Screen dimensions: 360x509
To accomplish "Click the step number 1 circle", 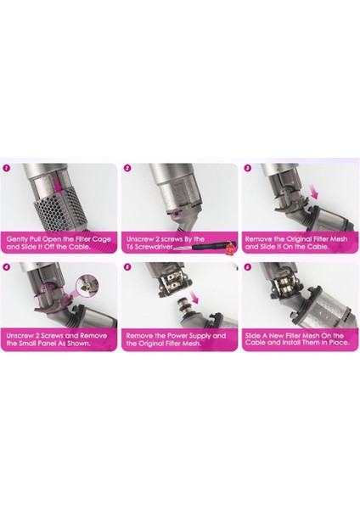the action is (7, 168).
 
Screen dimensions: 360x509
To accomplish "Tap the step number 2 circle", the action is (127, 168).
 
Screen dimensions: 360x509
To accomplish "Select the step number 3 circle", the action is (248, 168).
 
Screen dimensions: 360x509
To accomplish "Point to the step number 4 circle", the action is (7, 267).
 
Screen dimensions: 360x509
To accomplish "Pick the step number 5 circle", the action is (127, 267).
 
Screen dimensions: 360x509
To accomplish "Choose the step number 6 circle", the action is (248, 267).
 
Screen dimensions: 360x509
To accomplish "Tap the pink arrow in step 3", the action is (314, 192).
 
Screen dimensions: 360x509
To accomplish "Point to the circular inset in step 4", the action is (87, 286).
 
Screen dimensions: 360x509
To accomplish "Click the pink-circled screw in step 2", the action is (177, 213).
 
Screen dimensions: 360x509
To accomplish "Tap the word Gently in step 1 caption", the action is (16, 239).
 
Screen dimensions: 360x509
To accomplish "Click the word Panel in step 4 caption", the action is (48, 343).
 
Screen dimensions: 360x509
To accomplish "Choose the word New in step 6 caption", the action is (275, 336).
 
